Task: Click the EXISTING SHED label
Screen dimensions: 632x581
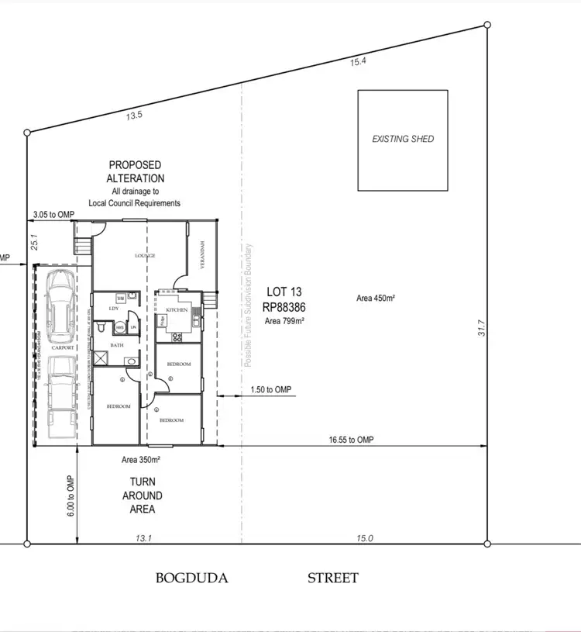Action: pyautogui.click(x=403, y=140)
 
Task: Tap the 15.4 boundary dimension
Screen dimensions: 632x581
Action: pyautogui.click(x=358, y=62)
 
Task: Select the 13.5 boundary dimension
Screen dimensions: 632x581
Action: pyautogui.click(x=135, y=116)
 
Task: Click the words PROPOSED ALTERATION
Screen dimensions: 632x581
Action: pyautogui.click(x=135, y=171)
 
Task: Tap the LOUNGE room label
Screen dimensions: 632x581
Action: pyautogui.click(x=145, y=256)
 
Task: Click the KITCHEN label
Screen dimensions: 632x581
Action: pyautogui.click(x=177, y=310)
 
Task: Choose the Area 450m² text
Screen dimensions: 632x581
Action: pyautogui.click(x=376, y=299)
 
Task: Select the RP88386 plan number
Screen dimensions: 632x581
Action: pyautogui.click(x=284, y=306)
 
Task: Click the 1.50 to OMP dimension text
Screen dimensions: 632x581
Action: pyautogui.click(x=271, y=389)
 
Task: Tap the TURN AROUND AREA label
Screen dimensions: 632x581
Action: pyautogui.click(x=143, y=496)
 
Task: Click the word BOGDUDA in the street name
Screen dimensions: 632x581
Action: pyautogui.click(x=192, y=578)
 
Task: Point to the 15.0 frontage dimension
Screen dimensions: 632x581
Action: pyautogui.click(x=364, y=538)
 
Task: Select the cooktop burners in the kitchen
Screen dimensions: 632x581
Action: pyautogui.click(x=176, y=337)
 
